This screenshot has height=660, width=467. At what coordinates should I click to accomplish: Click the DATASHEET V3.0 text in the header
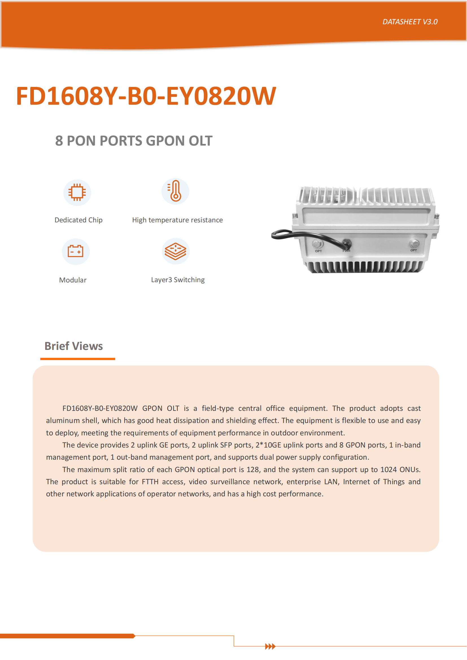click(410, 22)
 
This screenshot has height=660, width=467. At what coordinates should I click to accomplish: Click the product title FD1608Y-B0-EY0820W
click(146, 96)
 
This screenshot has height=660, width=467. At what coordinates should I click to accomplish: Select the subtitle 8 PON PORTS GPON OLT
click(134, 141)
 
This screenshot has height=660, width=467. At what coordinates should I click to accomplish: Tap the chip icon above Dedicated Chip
click(77, 192)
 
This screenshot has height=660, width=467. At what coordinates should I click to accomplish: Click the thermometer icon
click(175, 191)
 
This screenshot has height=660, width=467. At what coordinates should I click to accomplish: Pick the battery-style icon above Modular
click(76, 251)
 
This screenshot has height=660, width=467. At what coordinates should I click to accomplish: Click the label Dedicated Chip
click(78, 220)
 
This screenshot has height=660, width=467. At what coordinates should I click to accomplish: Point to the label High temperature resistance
click(177, 220)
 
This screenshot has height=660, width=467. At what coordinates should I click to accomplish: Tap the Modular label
click(73, 280)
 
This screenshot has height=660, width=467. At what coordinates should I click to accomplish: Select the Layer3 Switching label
click(178, 280)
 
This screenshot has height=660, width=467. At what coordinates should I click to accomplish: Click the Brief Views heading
click(74, 346)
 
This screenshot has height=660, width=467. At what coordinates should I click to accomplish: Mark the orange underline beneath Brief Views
click(78, 359)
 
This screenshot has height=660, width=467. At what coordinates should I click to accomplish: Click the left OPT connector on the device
click(318, 244)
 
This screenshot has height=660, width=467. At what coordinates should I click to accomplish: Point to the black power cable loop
click(285, 234)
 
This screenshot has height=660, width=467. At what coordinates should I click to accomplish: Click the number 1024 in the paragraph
click(389, 470)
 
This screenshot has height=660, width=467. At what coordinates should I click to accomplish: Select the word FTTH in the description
click(150, 481)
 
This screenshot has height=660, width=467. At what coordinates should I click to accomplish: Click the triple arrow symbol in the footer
click(270, 646)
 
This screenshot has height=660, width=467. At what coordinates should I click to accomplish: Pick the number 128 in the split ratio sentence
click(253, 470)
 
